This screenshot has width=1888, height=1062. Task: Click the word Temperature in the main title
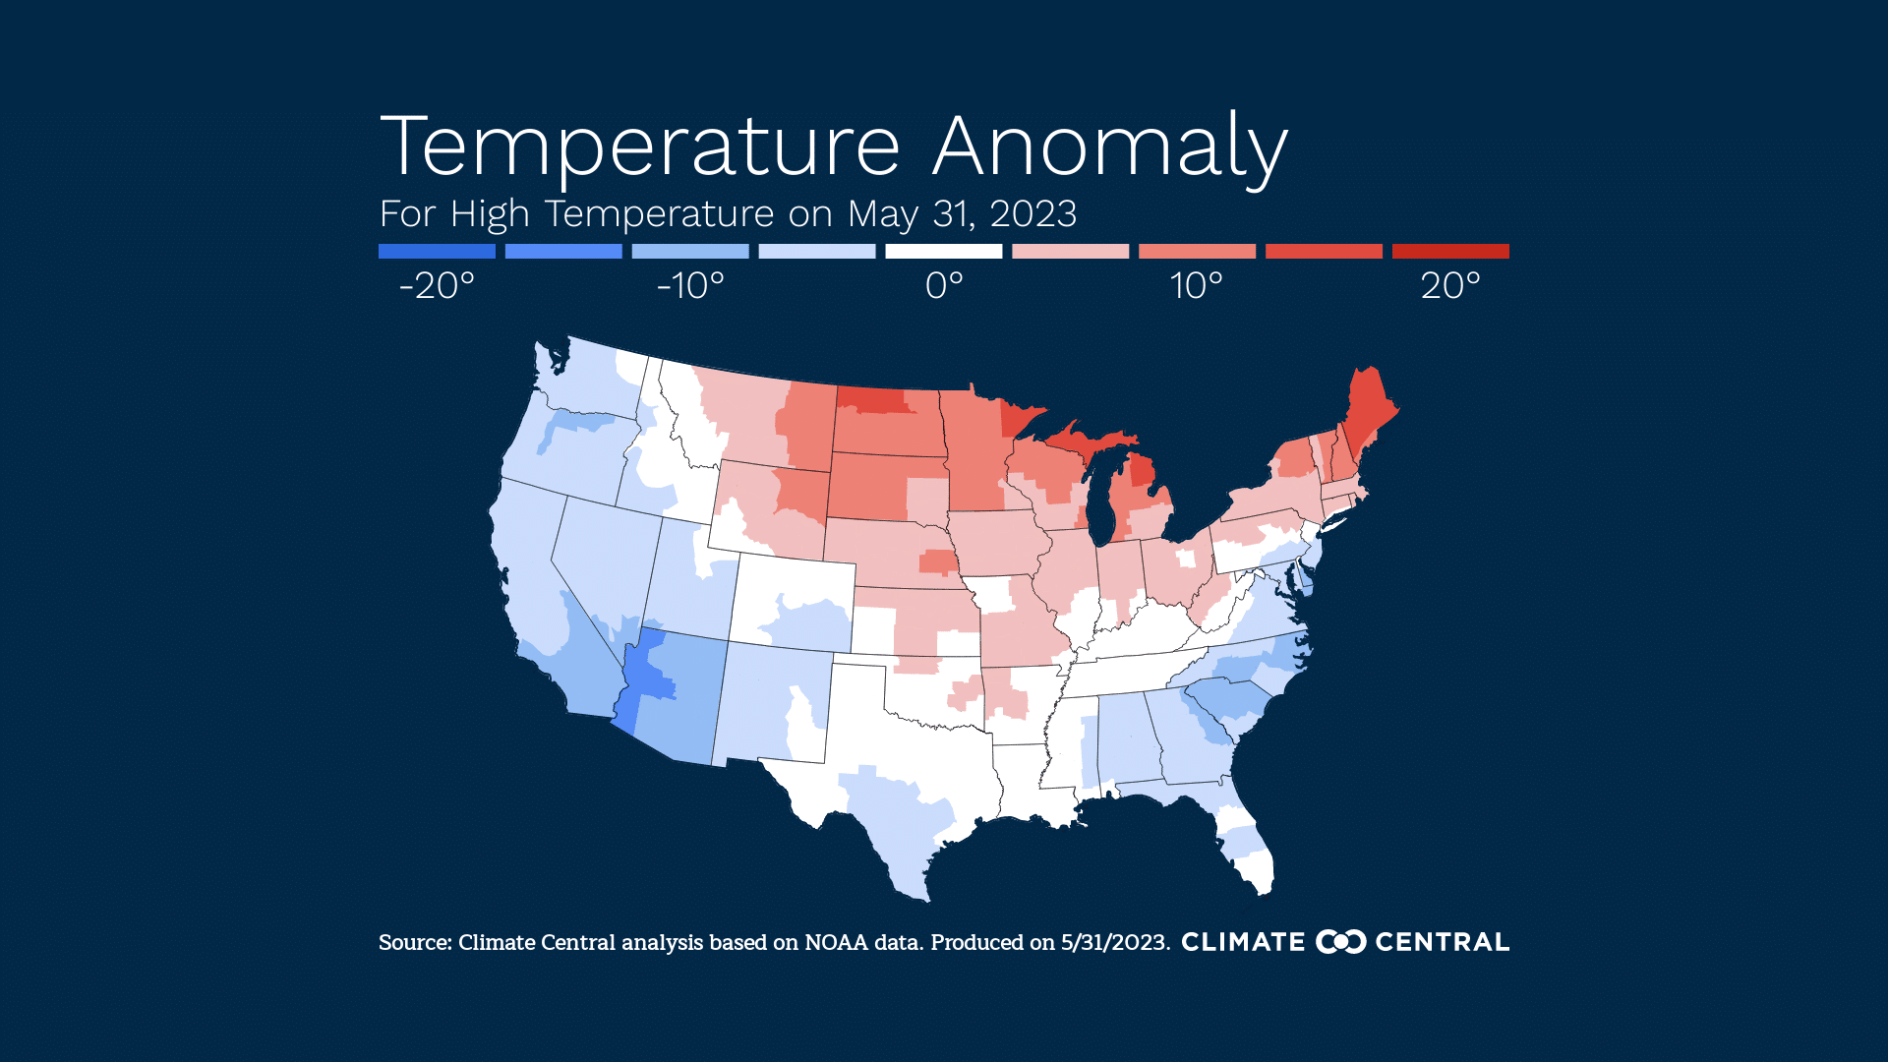coord(639,147)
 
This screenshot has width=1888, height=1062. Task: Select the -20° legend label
coord(437,286)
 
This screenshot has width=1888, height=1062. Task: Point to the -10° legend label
coord(690,286)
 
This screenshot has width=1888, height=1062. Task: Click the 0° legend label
coord(944,286)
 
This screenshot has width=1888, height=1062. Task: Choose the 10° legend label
coord(1197,286)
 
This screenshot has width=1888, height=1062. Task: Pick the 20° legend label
coord(1450,286)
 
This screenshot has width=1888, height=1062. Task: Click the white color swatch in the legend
coord(943,252)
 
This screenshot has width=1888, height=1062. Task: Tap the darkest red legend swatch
coord(1450,252)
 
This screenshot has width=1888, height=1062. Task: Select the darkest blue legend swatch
coord(437,252)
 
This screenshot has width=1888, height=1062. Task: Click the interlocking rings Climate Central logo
coord(1340,942)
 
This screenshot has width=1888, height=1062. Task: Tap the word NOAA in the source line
coord(836,943)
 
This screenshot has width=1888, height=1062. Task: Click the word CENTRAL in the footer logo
coord(1442,942)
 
